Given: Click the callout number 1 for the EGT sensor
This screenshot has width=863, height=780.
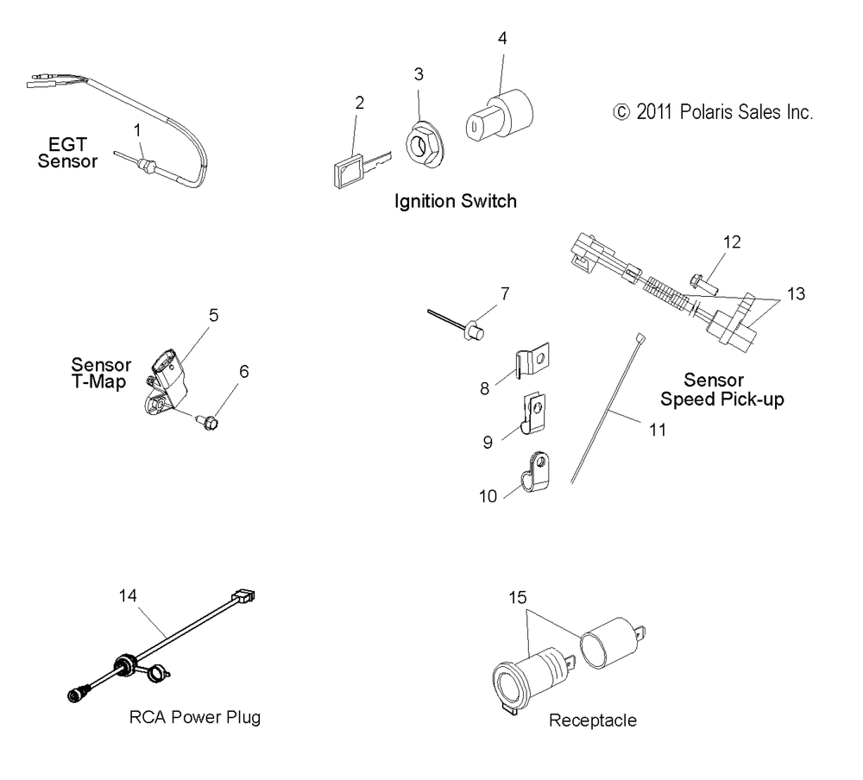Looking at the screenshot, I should tap(136, 129).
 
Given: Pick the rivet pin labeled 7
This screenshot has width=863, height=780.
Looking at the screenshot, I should tap(474, 330).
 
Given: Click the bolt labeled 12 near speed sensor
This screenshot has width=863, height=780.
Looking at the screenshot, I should tap(732, 242).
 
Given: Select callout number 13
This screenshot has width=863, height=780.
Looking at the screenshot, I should tap(796, 294).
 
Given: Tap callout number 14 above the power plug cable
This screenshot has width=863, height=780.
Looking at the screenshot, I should tap(129, 594).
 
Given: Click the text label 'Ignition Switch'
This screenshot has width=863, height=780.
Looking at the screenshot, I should tap(455, 202).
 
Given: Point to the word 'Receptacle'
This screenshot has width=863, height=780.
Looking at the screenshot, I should tap(592, 720).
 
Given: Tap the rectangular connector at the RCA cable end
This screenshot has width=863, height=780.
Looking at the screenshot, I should tap(243, 596).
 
